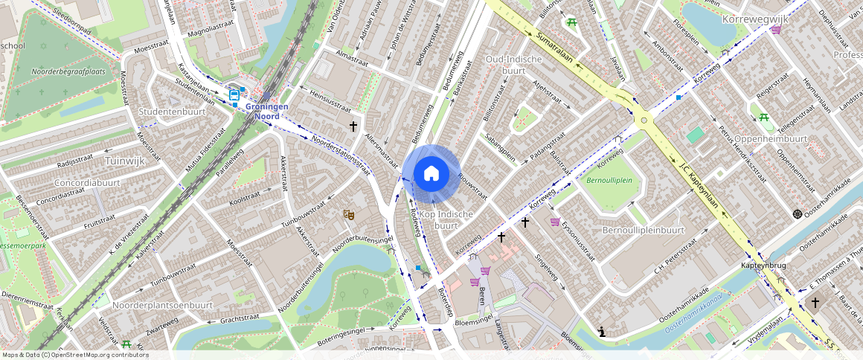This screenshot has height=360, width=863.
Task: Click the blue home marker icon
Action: [431, 173]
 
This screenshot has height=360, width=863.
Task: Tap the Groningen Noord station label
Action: [266, 111]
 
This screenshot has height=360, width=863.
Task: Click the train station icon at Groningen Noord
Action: [234, 94]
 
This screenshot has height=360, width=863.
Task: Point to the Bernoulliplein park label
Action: [609, 180]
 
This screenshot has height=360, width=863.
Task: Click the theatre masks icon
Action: [348, 214]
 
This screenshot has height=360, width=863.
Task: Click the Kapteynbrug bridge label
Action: [763, 266]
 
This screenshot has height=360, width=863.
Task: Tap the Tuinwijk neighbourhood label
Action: [125, 160]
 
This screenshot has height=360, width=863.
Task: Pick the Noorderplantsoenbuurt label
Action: [162, 305]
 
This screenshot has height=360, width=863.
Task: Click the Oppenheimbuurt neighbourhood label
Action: [771, 138]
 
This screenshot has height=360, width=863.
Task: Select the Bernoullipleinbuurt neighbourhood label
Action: [643, 230]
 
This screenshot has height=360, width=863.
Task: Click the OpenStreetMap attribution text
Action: [76, 355]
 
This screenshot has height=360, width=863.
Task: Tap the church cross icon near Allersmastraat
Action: [353, 126]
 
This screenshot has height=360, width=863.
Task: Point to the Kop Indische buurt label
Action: [446, 219]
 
